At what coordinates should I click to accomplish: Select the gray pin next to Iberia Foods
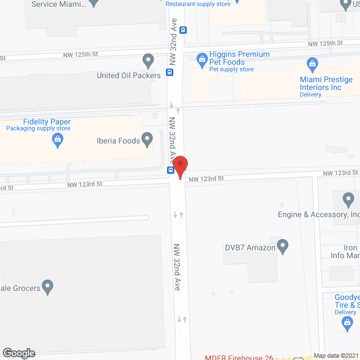click(x=147, y=138)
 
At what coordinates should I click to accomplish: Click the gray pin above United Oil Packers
click(x=148, y=59)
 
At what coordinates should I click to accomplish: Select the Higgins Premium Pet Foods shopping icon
click(x=201, y=58)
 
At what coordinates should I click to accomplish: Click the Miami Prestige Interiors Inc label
click(x=326, y=84)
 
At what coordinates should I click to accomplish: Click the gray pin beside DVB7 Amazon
click(x=283, y=246)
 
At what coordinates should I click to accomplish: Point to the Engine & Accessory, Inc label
click(x=318, y=214)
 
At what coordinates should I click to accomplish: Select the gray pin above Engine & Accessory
click(x=348, y=199)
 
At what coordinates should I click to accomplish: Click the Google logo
click(x=18, y=353)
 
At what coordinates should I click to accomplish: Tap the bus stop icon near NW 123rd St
click(x=170, y=170)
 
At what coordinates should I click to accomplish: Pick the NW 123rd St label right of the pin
click(x=206, y=179)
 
